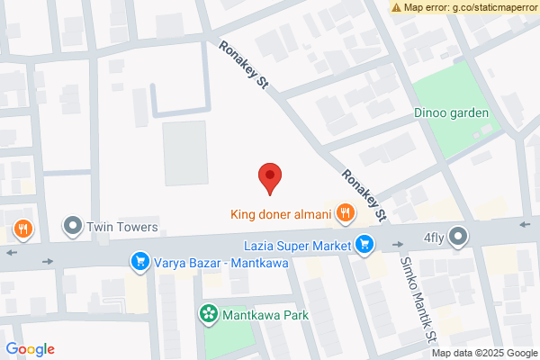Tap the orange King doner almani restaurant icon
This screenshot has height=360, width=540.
345,214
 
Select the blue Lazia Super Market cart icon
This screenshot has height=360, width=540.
364,243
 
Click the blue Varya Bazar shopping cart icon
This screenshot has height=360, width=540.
139,262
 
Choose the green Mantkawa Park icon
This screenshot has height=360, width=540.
208,315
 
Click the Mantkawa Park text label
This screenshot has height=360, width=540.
266,315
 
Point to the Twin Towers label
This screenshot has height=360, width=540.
122,227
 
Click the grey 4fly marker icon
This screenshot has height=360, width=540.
459,238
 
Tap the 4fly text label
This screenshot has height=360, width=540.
436,238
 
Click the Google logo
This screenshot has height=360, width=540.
31,349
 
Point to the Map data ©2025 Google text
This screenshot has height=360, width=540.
490,352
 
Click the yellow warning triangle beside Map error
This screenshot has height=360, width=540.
397,7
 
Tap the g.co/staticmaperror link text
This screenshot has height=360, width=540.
493,7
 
